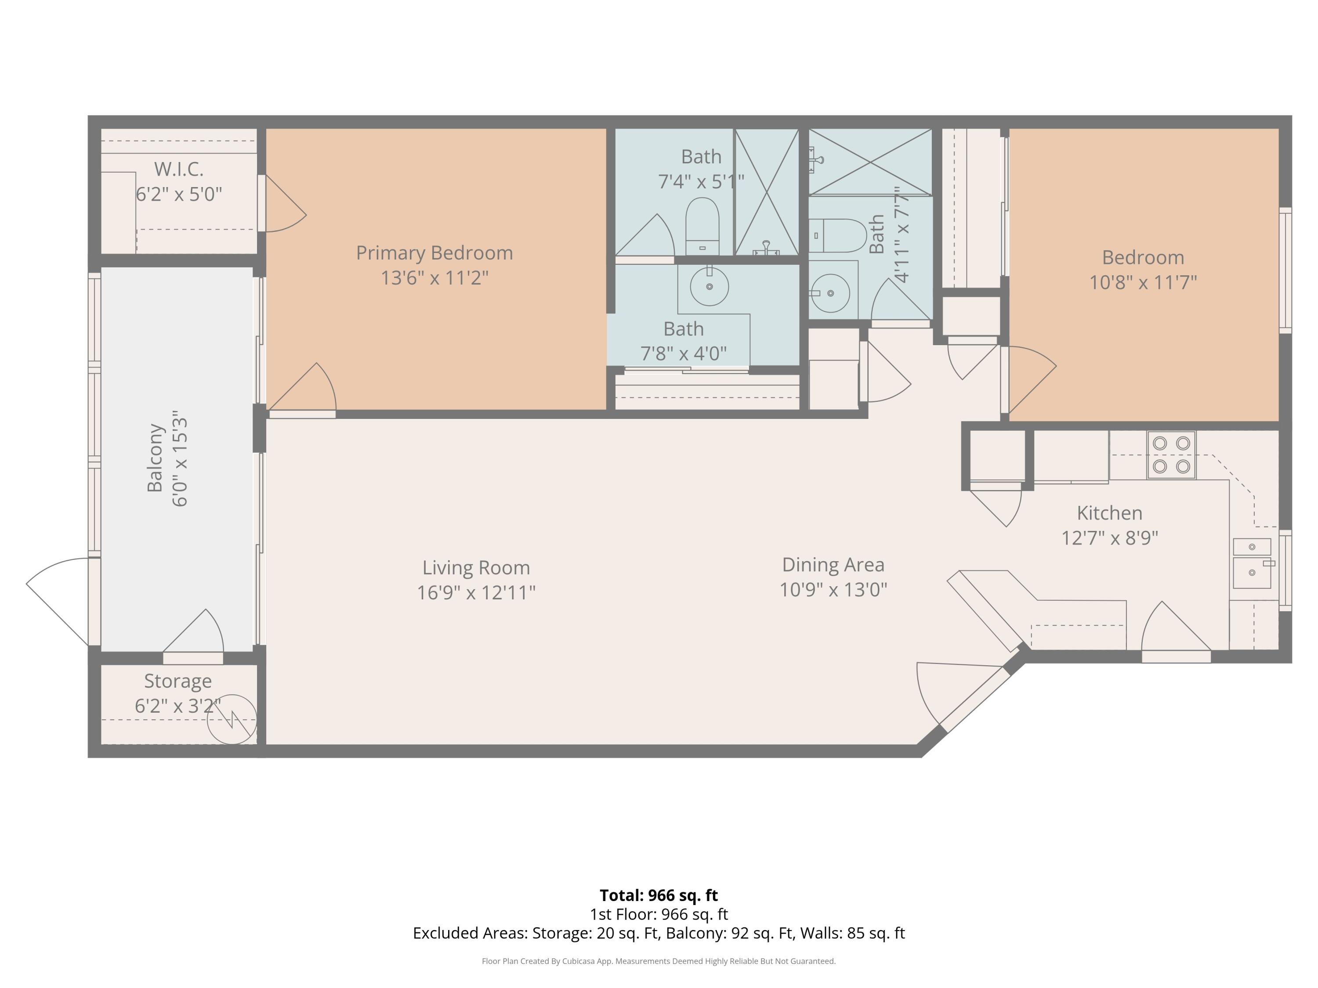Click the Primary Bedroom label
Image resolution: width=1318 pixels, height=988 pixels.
pos(435,252)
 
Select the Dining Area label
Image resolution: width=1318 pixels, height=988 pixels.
pos(833,565)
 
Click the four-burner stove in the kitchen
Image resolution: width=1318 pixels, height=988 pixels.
pos(1171,455)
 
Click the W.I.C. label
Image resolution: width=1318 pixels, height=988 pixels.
pos(179,169)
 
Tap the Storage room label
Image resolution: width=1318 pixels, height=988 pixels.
pos(177,681)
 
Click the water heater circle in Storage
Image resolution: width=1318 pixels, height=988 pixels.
pos(232,719)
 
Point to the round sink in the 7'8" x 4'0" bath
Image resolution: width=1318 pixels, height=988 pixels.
pos(709,286)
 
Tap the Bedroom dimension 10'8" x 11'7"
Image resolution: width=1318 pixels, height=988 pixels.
pos(1142,282)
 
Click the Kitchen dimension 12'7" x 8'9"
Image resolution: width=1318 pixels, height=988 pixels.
pos(1109,538)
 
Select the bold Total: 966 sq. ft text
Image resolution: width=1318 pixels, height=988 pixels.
pos(659,895)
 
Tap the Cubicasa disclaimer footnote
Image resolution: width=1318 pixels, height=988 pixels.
pos(659,961)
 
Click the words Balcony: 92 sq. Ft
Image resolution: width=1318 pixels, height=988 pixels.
pos(729,933)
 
